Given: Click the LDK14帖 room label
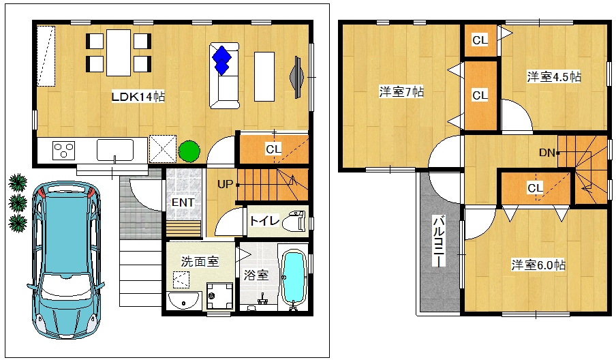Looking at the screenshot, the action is (138, 97).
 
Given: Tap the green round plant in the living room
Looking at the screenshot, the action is (189, 151).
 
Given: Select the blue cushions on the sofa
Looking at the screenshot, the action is (222, 60).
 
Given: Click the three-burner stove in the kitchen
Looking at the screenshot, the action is (64, 151).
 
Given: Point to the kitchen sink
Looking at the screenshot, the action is (115, 150).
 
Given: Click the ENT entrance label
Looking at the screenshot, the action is (183, 202).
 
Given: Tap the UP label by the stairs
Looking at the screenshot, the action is (225, 184).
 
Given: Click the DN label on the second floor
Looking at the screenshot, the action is (547, 153).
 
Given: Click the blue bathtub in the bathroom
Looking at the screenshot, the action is (294, 277).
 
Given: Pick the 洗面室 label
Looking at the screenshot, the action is (200, 261).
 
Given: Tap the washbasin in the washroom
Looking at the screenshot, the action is (183, 301).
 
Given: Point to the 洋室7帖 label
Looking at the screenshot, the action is (401, 91).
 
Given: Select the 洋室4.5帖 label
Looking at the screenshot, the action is (554, 76).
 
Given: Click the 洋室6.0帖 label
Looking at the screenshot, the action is (538, 265).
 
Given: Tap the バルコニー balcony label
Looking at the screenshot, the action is (438, 241).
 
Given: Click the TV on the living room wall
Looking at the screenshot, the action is (296, 77).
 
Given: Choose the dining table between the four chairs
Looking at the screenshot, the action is (119, 52).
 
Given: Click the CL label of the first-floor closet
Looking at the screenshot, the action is (273, 149).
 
